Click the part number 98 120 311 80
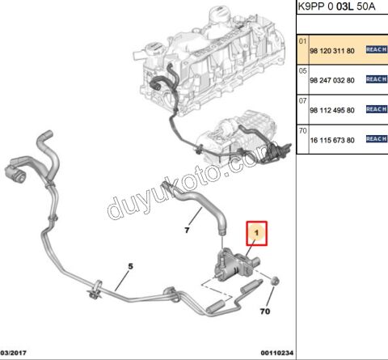click(x=332, y=51)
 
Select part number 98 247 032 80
click(x=332, y=80)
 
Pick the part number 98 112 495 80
click(x=332, y=110)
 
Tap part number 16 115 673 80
click(x=332, y=140)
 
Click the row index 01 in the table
click(x=302, y=41)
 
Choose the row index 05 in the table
click(x=302, y=71)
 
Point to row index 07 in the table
click(x=302, y=101)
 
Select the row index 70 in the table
click(x=302, y=131)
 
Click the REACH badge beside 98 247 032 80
click(x=377, y=79)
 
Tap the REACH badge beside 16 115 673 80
click(x=377, y=139)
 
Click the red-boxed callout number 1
click(x=256, y=233)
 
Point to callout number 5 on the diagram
click(x=130, y=266)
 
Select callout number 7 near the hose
click(x=187, y=230)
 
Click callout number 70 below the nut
click(x=265, y=311)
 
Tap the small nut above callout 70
click(x=275, y=281)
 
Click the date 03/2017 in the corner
click(x=14, y=353)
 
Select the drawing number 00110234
click(x=276, y=353)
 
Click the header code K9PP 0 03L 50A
click(x=336, y=6)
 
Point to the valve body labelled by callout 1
click(x=235, y=265)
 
